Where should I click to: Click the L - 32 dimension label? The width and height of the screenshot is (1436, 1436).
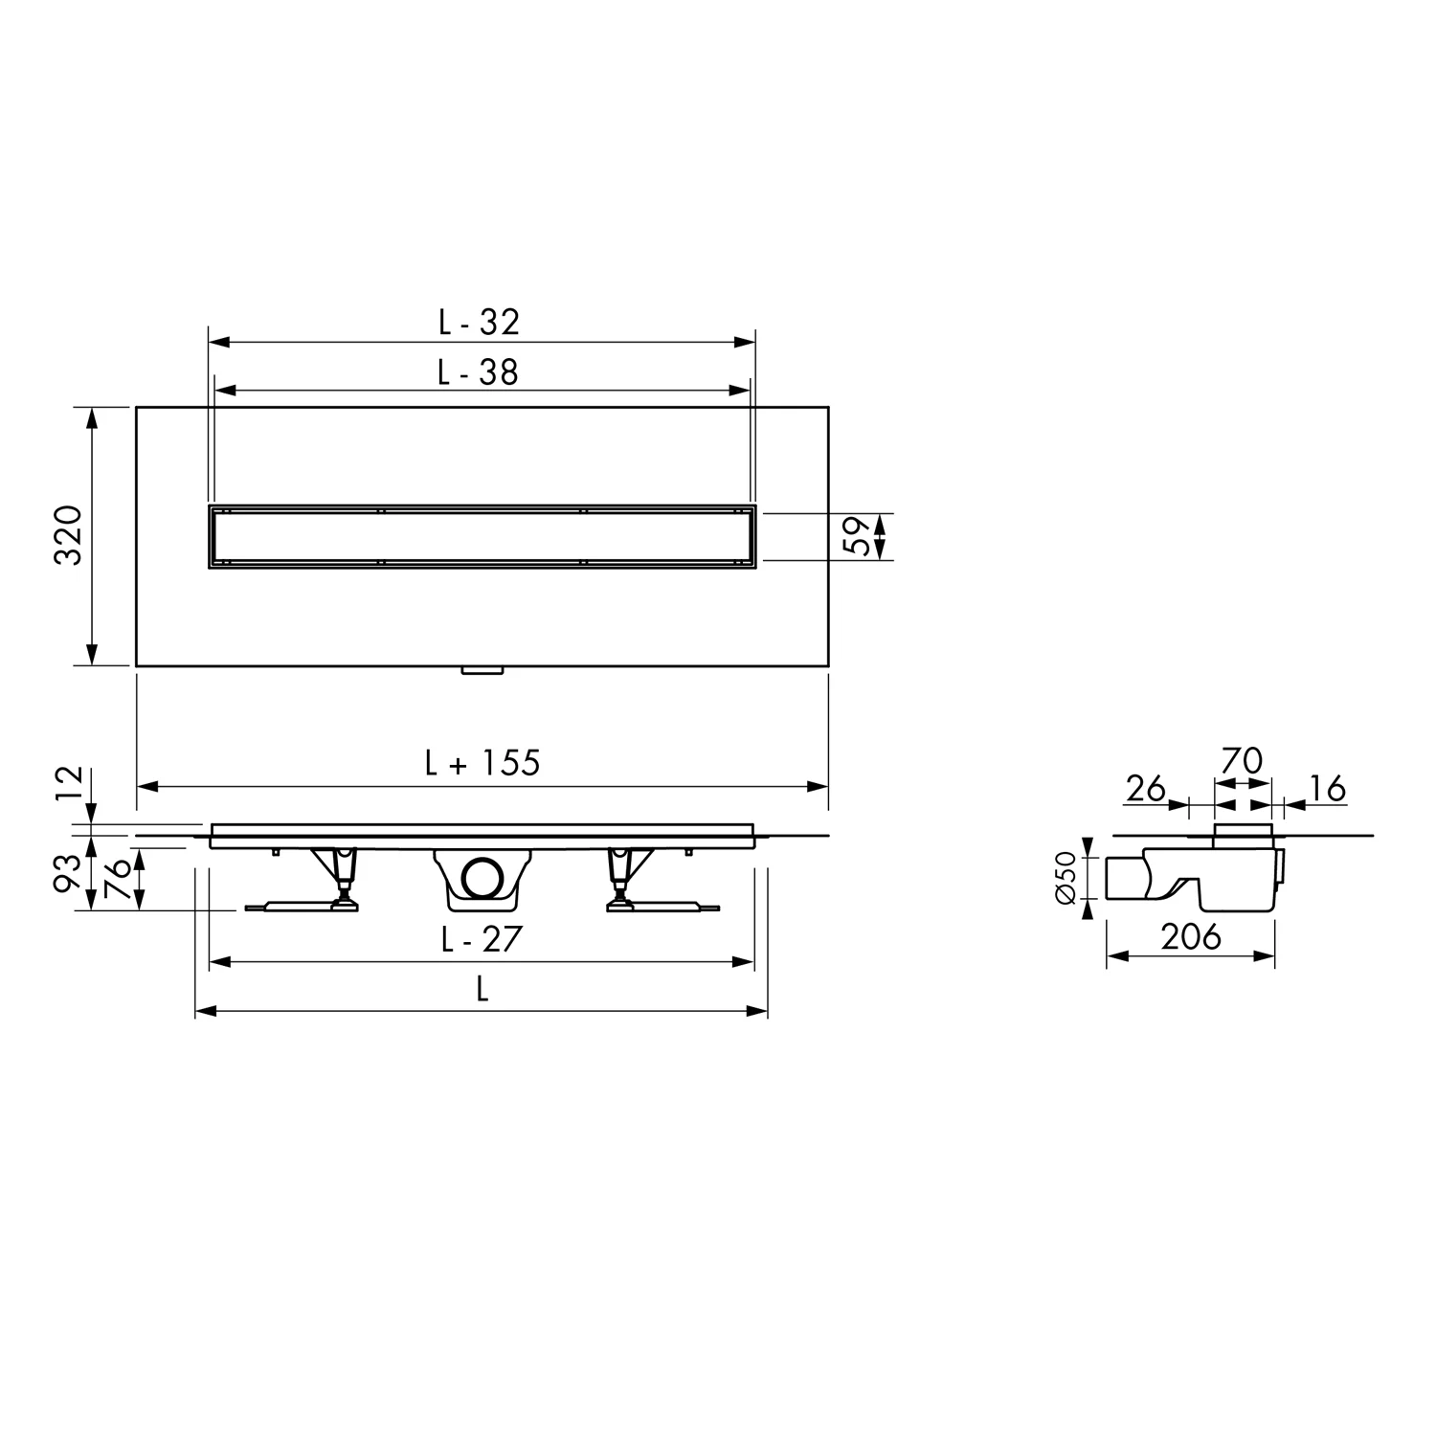[479, 322]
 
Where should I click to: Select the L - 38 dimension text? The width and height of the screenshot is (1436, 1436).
[478, 371]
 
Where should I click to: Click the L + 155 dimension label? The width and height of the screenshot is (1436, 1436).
[482, 762]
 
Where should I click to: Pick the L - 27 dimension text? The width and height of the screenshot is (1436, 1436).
[482, 939]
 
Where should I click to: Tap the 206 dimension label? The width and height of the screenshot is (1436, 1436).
[1192, 936]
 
